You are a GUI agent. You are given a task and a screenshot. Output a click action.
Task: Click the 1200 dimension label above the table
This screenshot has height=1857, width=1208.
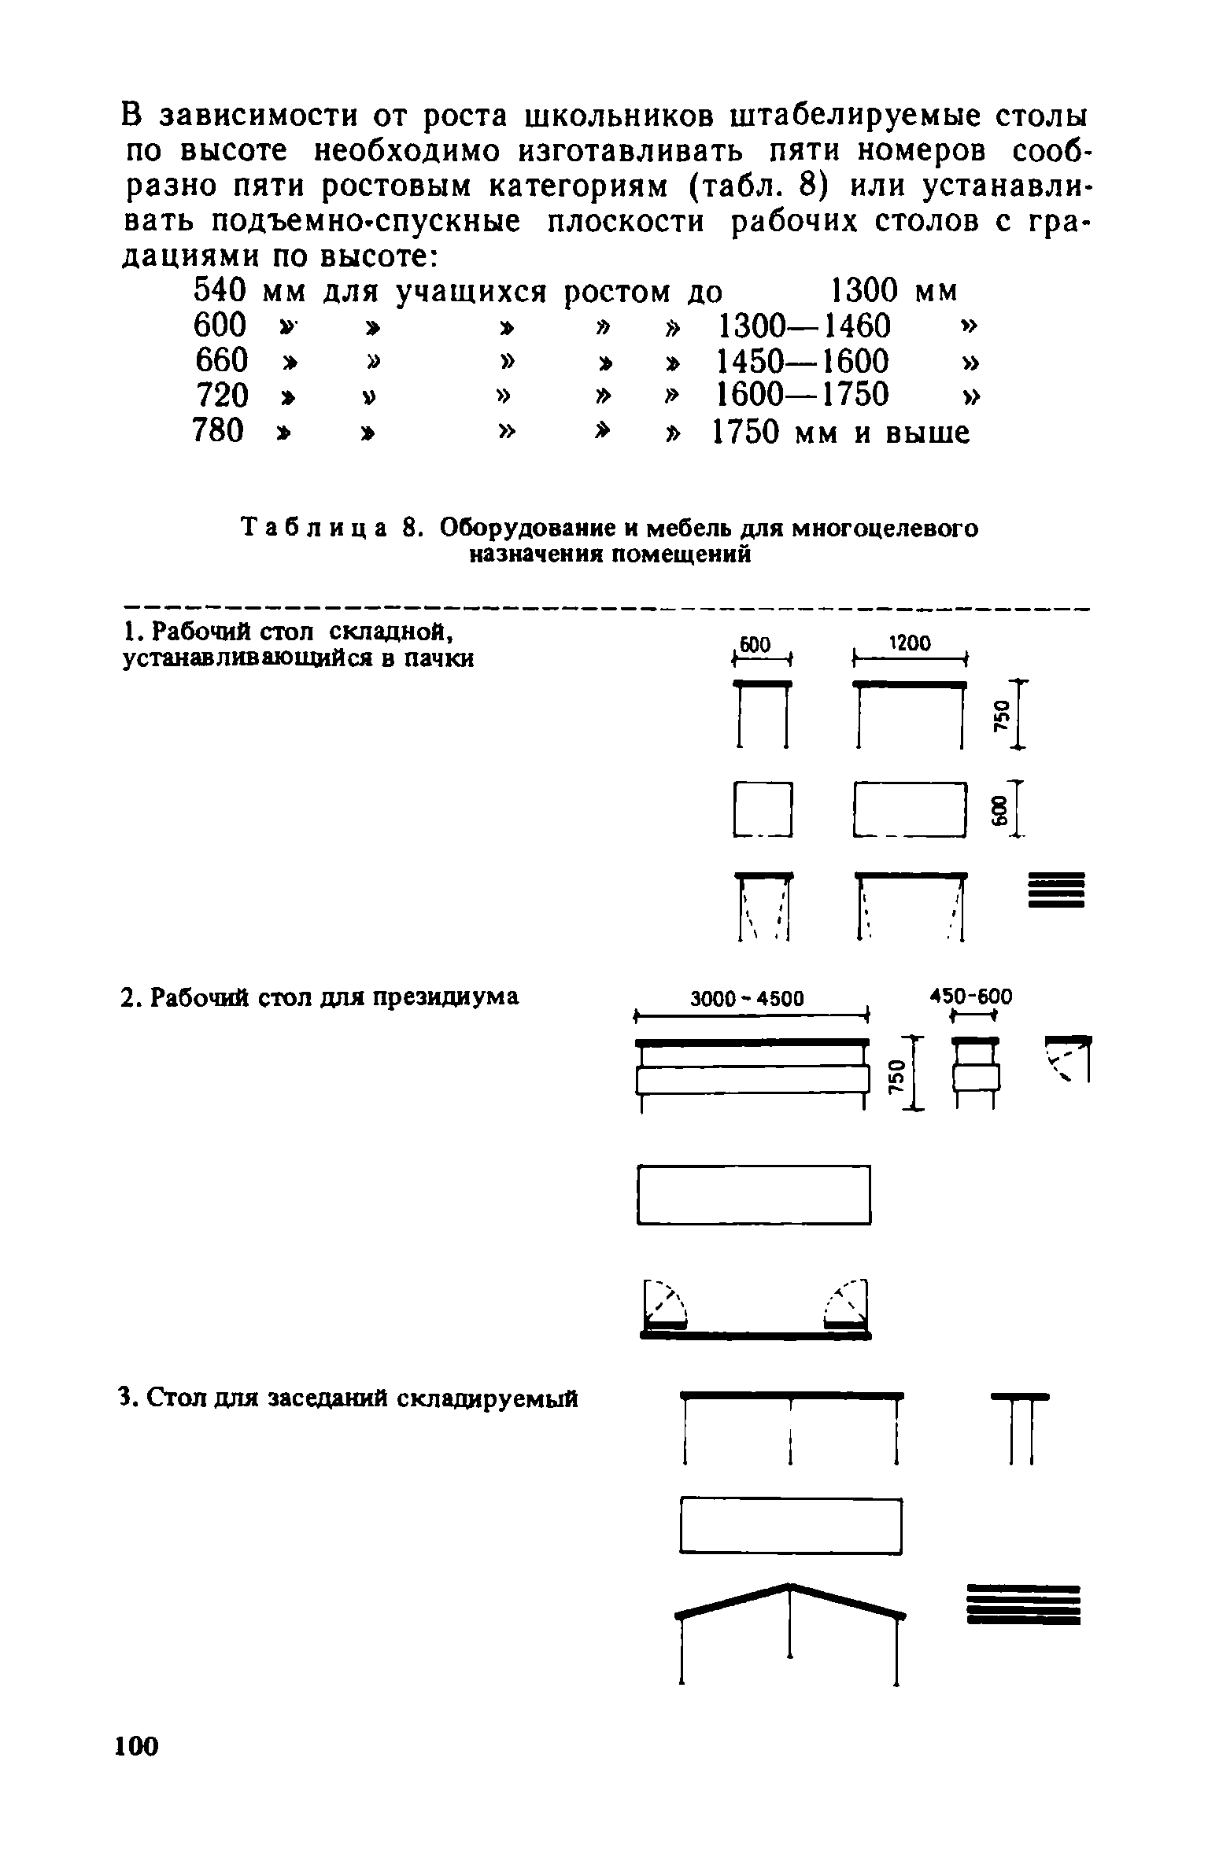click(x=910, y=643)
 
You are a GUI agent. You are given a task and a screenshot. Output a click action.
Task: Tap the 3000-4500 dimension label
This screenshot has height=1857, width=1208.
click(x=748, y=999)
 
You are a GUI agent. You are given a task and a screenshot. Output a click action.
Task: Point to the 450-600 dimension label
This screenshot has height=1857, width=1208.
click(x=972, y=997)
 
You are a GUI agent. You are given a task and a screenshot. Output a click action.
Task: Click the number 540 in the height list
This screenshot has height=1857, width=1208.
click(x=220, y=292)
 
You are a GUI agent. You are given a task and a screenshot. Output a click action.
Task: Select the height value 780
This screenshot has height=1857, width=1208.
click(x=219, y=431)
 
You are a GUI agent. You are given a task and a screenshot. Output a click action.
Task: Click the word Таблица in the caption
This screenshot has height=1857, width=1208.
click(x=312, y=528)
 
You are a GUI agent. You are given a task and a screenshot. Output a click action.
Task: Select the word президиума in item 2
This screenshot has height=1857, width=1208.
click(x=445, y=997)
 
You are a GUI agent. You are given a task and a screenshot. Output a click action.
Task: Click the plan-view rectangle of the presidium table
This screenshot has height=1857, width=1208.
click(x=753, y=1194)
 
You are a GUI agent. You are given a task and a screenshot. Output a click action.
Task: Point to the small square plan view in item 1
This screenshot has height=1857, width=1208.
click(x=762, y=809)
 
